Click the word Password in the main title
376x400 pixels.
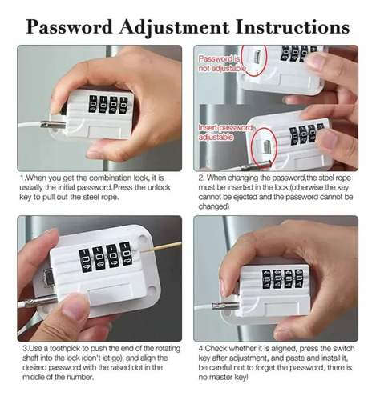click(x=69, y=27)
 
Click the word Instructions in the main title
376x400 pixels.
click(x=293, y=27)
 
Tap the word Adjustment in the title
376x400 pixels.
click(x=174, y=28)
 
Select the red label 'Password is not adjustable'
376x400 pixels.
click(x=221, y=63)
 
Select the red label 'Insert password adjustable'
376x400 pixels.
click(x=225, y=132)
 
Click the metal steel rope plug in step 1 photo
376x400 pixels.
click(x=52, y=124)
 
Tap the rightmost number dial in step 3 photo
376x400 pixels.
click(x=127, y=254)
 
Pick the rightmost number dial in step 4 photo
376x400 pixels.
click(x=299, y=278)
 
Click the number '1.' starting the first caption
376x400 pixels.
click(x=23, y=178)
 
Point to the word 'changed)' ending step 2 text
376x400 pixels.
click(x=214, y=206)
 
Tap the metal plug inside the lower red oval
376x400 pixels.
click(x=267, y=146)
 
